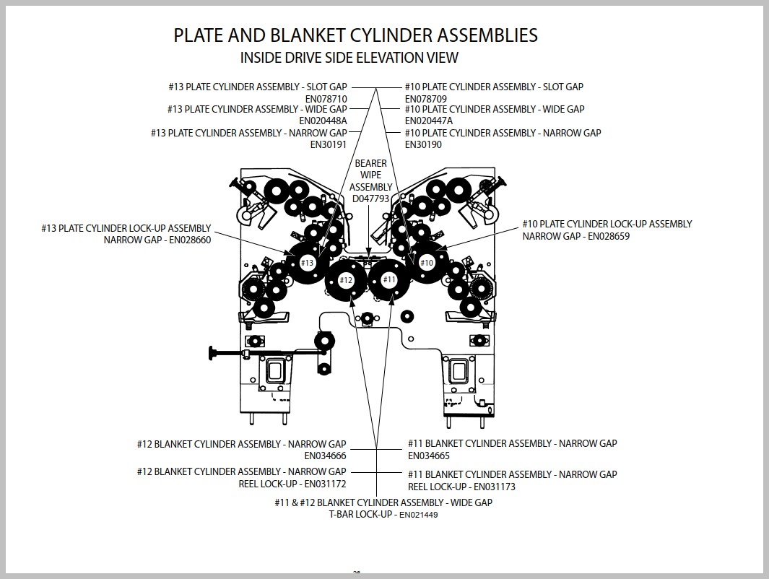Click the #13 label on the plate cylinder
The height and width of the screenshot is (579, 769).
tap(307, 263)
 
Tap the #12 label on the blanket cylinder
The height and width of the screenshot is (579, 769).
tap(347, 280)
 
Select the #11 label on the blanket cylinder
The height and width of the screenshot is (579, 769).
tap(389, 279)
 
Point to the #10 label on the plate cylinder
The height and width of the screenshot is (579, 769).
tap(427, 263)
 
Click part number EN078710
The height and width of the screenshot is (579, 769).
tap(326, 99)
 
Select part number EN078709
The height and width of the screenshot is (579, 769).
tap(426, 99)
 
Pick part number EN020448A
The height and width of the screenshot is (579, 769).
tap(323, 121)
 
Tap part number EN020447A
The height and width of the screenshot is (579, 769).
tap(429, 121)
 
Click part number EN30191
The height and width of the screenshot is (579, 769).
tap(328, 144)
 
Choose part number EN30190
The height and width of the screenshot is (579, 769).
tap(423, 144)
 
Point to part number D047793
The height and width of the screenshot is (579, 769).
tap(370, 199)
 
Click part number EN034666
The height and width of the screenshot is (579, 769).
tap(325, 456)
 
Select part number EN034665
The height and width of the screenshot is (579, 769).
tap(429, 456)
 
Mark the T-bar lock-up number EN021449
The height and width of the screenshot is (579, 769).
tap(418, 515)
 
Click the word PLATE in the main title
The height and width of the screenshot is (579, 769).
tap(195, 35)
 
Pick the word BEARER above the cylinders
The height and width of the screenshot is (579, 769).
tap(370, 163)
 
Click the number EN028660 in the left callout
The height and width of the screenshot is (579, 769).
tap(190, 240)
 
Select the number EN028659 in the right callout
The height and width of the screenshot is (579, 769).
tap(609, 236)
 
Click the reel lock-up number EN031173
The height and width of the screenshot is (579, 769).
tap(495, 487)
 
